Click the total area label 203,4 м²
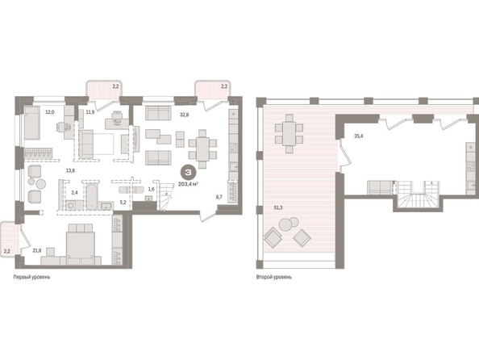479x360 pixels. pyautogui.click(x=188, y=184)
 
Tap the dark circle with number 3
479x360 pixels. pyautogui.click(x=188, y=173)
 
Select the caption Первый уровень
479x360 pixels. pyautogui.click(x=31, y=277)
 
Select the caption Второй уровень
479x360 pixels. pyautogui.click(x=274, y=277)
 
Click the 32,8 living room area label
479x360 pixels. pyautogui.click(x=184, y=115)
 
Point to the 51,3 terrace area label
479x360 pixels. pyautogui.click(x=278, y=207)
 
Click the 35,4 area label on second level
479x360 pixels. pyautogui.click(x=359, y=136)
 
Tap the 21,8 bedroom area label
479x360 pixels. pyautogui.click(x=36, y=250)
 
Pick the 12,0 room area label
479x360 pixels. pyautogui.click(x=50, y=112)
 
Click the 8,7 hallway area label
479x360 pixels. pyautogui.click(x=219, y=197)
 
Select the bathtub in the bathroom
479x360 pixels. pyautogui.click(x=92, y=197)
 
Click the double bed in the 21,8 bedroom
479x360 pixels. pyautogui.click(x=81, y=244)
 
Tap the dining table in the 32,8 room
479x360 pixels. pyautogui.click(x=202, y=149)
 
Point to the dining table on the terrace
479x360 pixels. pyautogui.click(x=289, y=133)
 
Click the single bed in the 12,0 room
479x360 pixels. pyautogui.click(x=32, y=123)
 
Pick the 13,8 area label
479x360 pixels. pyautogui.click(x=70, y=170)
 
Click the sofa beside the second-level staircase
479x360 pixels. pyautogui.click(x=380, y=187)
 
